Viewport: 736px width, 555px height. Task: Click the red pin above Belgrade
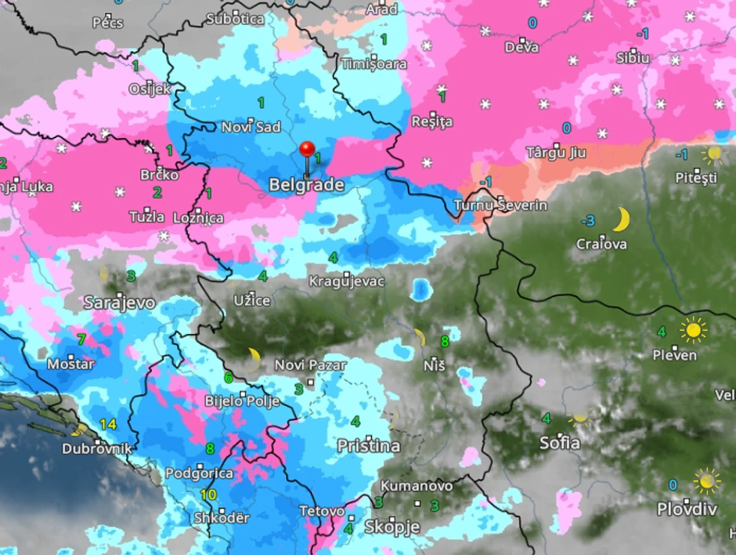tap(307, 150)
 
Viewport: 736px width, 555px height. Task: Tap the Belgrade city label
tap(306, 186)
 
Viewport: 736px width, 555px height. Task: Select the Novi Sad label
tap(251, 127)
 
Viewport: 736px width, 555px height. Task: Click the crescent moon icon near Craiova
tap(621, 219)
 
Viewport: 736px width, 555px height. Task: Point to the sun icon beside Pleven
tap(693, 330)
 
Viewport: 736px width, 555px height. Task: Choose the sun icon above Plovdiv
tap(707, 480)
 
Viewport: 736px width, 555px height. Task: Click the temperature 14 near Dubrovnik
tap(107, 425)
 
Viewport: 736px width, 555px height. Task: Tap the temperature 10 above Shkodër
tap(207, 495)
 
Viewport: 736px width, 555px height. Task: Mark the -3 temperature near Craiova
tap(587, 220)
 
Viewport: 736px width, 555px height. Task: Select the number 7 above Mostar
tap(81, 339)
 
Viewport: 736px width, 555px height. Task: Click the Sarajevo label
tap(120, 303)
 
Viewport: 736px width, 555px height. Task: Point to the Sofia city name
tap(560, 443)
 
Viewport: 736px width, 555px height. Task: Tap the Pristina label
tap(368, 446)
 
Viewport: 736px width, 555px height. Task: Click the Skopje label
tap(392, 527)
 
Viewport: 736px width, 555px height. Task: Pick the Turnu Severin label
tap(500, 205)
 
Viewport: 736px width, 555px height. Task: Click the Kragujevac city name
tap(347, 281)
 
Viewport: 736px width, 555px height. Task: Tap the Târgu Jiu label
tap(556, 152)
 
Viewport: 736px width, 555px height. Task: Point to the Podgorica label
tap(199, 473)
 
